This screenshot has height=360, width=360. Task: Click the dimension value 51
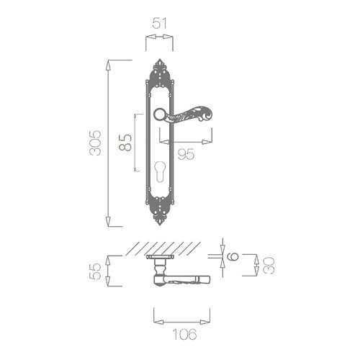pyautogui.click(x=159, y=23)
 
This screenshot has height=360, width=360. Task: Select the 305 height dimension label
pyautogui.click(x=95, y=143)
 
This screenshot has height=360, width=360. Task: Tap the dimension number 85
pyautogui.click(x=125, y=143)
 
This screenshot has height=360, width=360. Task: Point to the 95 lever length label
pyautogui.click(x=186, y=154)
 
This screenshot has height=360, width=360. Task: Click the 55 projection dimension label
pyautogui.click(x=95, y=271)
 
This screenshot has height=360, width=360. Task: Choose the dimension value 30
pyautogui.click(x=269, y=265)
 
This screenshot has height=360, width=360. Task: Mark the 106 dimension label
pyautogui.click(x=184, y=334)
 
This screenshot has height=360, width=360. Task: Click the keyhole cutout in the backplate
pyautogui.click(x=159, y=171)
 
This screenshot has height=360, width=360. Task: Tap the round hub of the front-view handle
pyautogui.click(x=159, y=114)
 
